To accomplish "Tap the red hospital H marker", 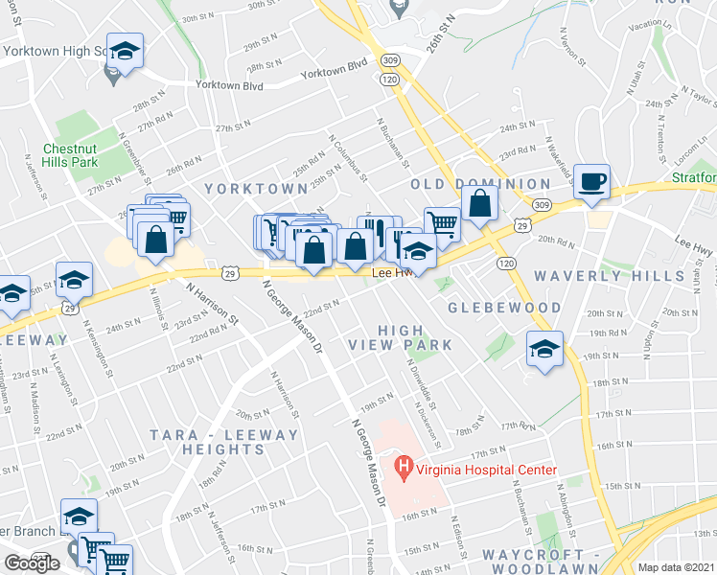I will [404, 469].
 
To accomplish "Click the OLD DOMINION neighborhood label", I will [480, 183].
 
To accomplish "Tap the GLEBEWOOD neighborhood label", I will [503, 308].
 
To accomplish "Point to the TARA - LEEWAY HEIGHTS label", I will [224, 442].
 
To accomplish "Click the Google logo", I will [32, 563].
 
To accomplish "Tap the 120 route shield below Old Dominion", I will [507, 262].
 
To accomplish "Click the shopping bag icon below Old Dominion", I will [479, 204].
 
